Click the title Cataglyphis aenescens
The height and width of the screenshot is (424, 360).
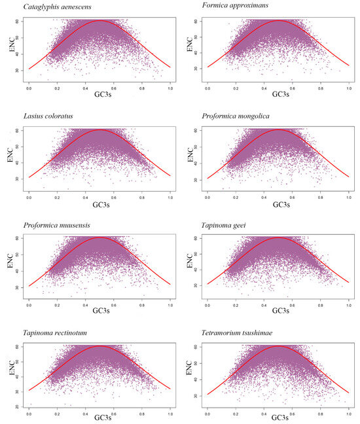click(x=59, y=8)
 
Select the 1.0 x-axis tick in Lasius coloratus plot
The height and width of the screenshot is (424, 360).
click(x=170, y=194)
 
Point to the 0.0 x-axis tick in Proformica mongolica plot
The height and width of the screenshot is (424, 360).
click(x=208, y=194)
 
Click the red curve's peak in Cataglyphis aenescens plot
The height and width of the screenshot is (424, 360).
click(x=99, y=20)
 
